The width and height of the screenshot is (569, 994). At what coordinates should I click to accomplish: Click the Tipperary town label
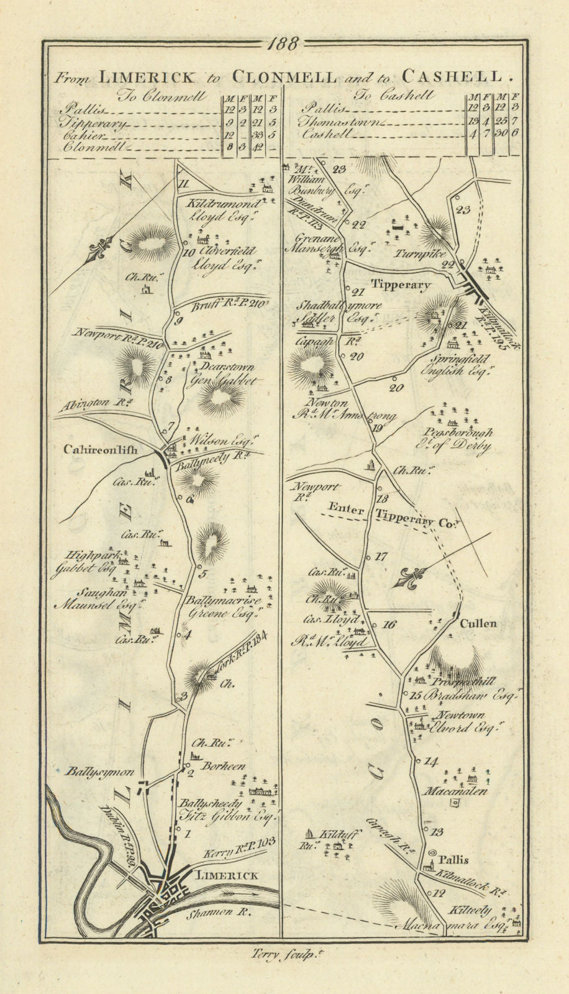click(x=401, y=285)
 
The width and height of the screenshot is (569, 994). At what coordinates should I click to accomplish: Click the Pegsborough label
click(x=465, y=433)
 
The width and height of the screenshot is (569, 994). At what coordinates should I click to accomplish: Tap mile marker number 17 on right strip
click(x=381, y=557)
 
